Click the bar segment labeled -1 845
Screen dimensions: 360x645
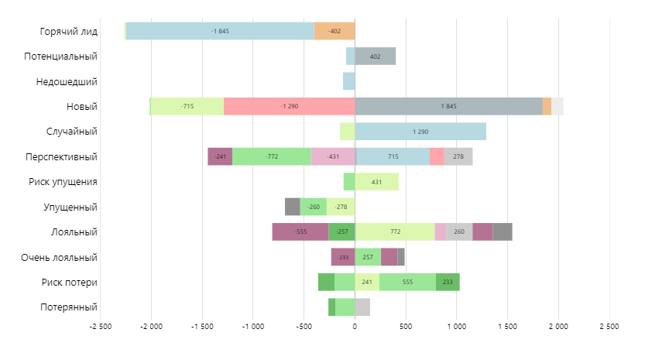[x=220, y=31]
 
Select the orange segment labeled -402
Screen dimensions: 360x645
[x=335, y=31]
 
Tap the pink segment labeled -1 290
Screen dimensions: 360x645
[x=289, y=106]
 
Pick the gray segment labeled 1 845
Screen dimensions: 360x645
[x=448, y=106]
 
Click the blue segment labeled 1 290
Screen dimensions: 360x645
[x=420, y=132]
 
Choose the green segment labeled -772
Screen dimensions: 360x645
[x=271, y=156]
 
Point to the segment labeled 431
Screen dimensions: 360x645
[x=376, y=182]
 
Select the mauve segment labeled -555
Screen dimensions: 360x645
[x=300, y=231]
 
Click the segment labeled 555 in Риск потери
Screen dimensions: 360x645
[x=407, y=282]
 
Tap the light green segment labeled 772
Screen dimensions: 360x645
[x=395, y=231]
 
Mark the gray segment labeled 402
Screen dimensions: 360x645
[x=376, y=56]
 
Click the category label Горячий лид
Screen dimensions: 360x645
[x=68, y=31]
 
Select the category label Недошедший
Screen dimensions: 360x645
[x=67, y=81]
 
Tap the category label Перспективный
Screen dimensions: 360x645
[x=61, y=156]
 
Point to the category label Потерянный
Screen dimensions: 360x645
[x=68, y=307]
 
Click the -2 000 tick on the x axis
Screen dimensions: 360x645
[x=150, y=327]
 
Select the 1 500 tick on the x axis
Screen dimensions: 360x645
[x=507, y=327]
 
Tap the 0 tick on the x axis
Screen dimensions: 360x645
[x=355, y=327]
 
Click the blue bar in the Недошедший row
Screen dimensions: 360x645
[x=348, y=81]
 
